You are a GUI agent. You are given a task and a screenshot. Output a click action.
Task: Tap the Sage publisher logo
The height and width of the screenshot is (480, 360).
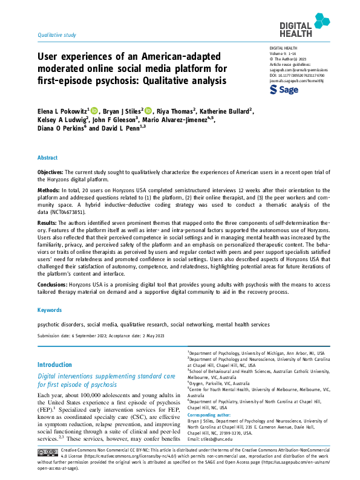[x=283, y=89]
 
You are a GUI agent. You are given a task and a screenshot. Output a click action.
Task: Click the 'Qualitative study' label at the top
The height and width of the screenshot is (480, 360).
[x=57, y=35]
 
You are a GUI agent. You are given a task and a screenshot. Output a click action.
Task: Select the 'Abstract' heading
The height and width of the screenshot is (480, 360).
[x=48, y=157]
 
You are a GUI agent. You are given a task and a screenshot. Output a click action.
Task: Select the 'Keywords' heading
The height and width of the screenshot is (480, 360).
[x=50, y=310]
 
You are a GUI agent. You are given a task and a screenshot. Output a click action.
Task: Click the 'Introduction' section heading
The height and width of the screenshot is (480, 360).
[x=54, y=365]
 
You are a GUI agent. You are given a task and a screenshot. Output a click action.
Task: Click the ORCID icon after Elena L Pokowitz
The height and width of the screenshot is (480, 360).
[x=94, y=110]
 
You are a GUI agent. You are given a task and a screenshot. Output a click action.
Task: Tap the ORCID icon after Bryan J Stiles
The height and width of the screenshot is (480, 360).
[x=148, y=110]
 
